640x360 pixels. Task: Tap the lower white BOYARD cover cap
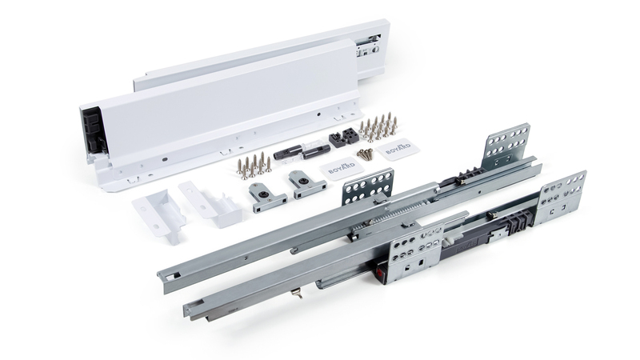pyautogui.click(x=342, y=169)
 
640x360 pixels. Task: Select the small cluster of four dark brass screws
pyautogui.click(x=366, y=154)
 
